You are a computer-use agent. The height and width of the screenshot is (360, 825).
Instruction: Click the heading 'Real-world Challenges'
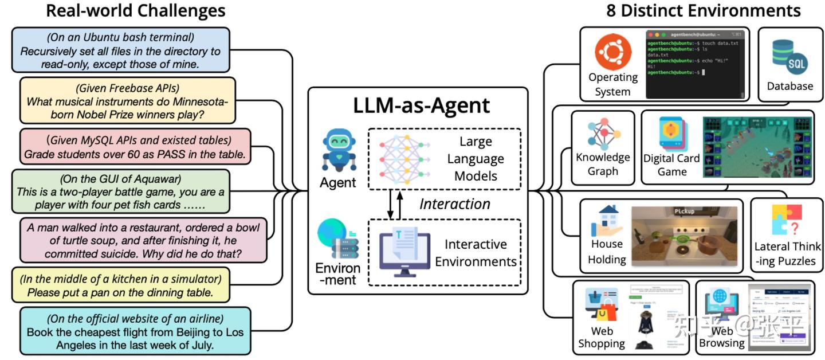[136, 11]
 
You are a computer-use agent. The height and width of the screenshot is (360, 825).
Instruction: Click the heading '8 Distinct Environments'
[703, 11]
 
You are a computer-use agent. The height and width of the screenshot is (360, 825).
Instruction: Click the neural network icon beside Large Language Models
[404, 158]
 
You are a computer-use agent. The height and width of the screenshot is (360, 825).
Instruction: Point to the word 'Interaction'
[454, 204]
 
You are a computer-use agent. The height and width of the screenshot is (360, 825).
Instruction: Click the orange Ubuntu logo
[612, 52]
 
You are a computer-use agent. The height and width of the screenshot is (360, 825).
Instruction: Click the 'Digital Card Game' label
[671, 165]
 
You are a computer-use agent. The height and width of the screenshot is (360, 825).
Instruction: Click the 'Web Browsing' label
[721, 337]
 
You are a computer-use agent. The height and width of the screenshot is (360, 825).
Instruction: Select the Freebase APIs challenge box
[127, 101]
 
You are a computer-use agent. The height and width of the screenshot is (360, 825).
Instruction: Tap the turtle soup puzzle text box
[143, 240]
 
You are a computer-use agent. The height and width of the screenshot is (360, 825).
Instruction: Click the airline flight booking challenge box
[134, 332]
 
